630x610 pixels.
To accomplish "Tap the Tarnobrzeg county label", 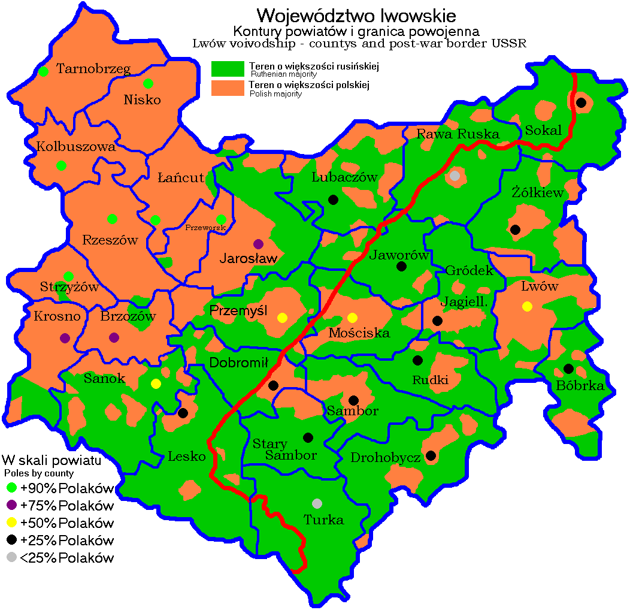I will (93, 69).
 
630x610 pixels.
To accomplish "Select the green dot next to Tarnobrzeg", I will (43, 72).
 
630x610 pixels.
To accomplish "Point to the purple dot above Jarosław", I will (258, 244).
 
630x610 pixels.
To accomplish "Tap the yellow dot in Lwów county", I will (527, 306).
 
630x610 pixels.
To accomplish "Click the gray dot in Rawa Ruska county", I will (455, 176).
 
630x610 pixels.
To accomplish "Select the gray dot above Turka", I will (317, 503).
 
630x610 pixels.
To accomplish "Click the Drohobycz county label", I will (385, 458).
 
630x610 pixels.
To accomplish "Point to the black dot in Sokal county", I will (580, 102).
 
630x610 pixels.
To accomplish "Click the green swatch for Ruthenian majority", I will (228, 68).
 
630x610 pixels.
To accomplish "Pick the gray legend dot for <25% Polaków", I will (11, 558).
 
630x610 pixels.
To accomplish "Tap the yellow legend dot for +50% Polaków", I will (11, 522).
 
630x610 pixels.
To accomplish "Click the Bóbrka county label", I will (580, 386).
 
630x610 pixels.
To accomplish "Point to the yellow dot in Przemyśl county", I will (283, 317).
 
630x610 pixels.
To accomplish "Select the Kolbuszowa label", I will (75, 146).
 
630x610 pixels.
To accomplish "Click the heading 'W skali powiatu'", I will (51, 461).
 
